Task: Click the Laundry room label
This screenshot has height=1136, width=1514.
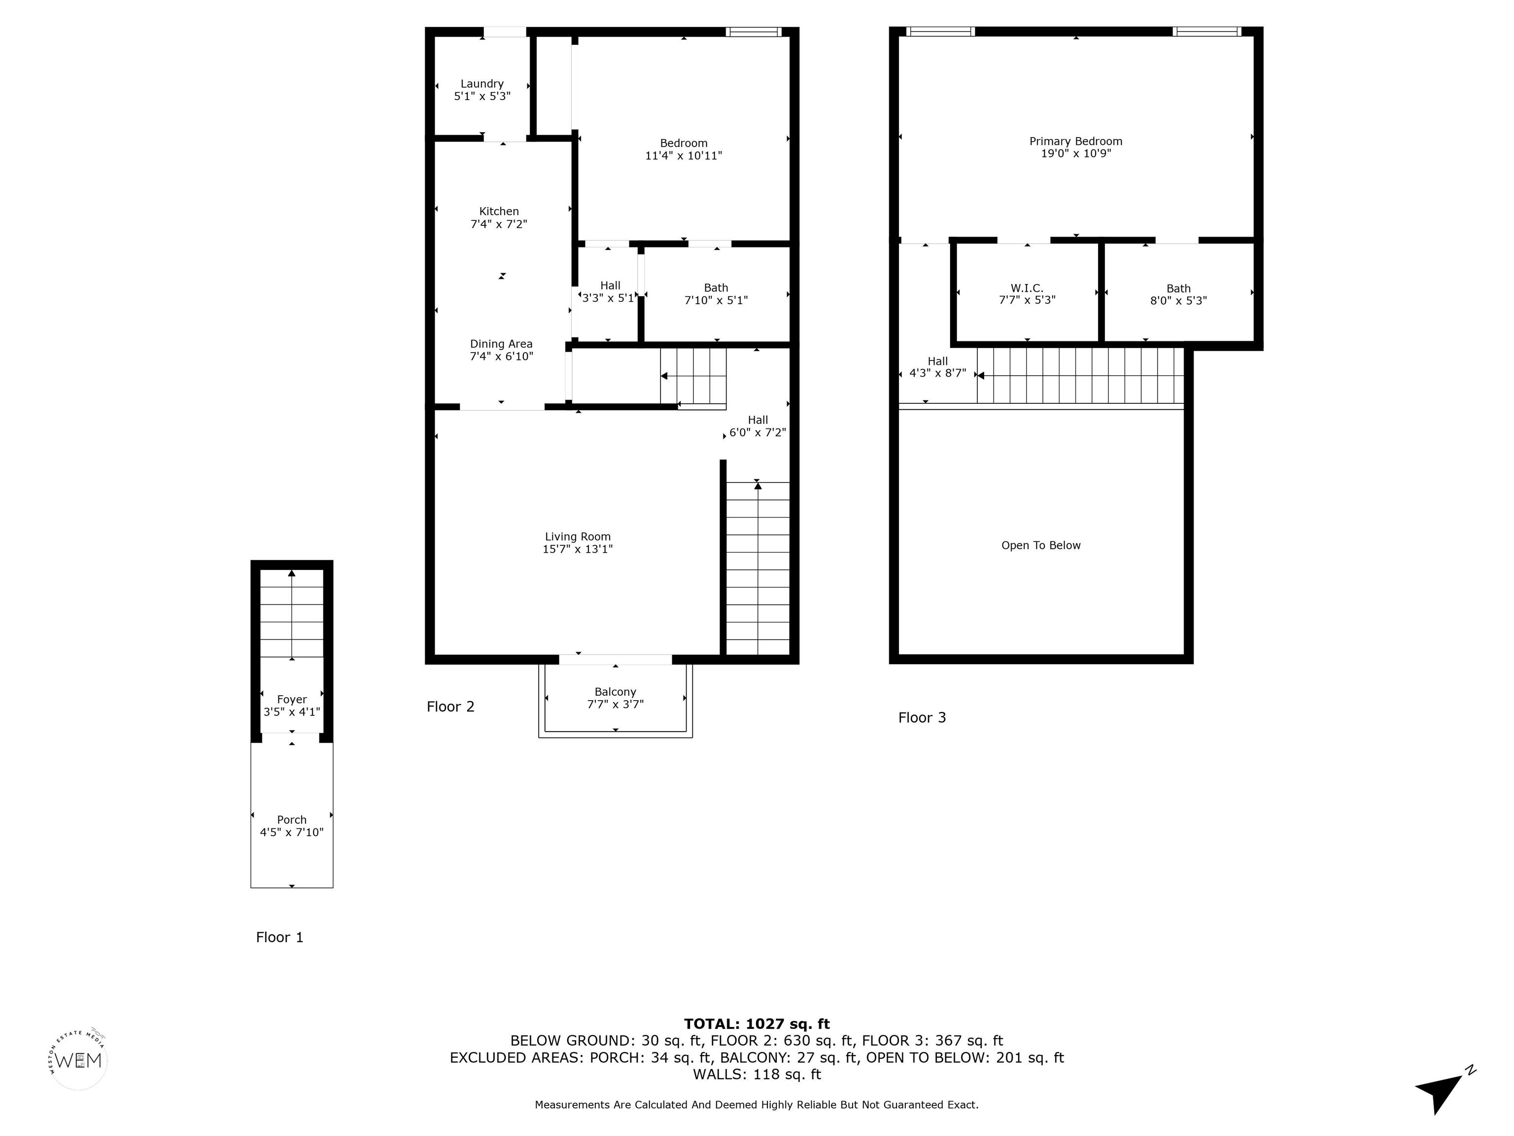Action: click(482, 83)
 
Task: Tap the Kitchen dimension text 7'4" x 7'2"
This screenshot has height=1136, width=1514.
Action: click(499, 224)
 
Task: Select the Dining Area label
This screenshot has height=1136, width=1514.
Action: click(501, 344)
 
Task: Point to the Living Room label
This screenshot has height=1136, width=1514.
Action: click(578, 537)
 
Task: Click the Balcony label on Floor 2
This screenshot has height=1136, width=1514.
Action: click(616, 692)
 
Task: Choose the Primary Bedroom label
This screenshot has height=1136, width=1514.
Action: click(1076, 141)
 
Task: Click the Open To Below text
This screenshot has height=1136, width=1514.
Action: click(1041, 545)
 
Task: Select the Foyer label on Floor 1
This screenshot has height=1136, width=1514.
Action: click(292, 699)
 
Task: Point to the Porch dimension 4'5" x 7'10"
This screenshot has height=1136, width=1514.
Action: click(292, 832)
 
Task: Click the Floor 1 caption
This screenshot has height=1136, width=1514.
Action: click(279, 937)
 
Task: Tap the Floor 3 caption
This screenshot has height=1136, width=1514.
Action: click(922, 717)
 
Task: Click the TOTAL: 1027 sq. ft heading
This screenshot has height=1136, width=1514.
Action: click(757, 1024)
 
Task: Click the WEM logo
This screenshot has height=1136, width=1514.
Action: click(79, 1060)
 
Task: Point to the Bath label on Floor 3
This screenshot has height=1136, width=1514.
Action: click(1178, 288)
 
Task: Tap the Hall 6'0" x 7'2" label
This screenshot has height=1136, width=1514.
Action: click(757, 426)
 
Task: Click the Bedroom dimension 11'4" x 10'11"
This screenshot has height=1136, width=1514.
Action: click(684, 155)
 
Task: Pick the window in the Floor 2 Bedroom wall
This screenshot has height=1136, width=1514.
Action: click(754, 32)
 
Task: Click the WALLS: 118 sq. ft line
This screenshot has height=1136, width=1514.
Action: click(757, 1074)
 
